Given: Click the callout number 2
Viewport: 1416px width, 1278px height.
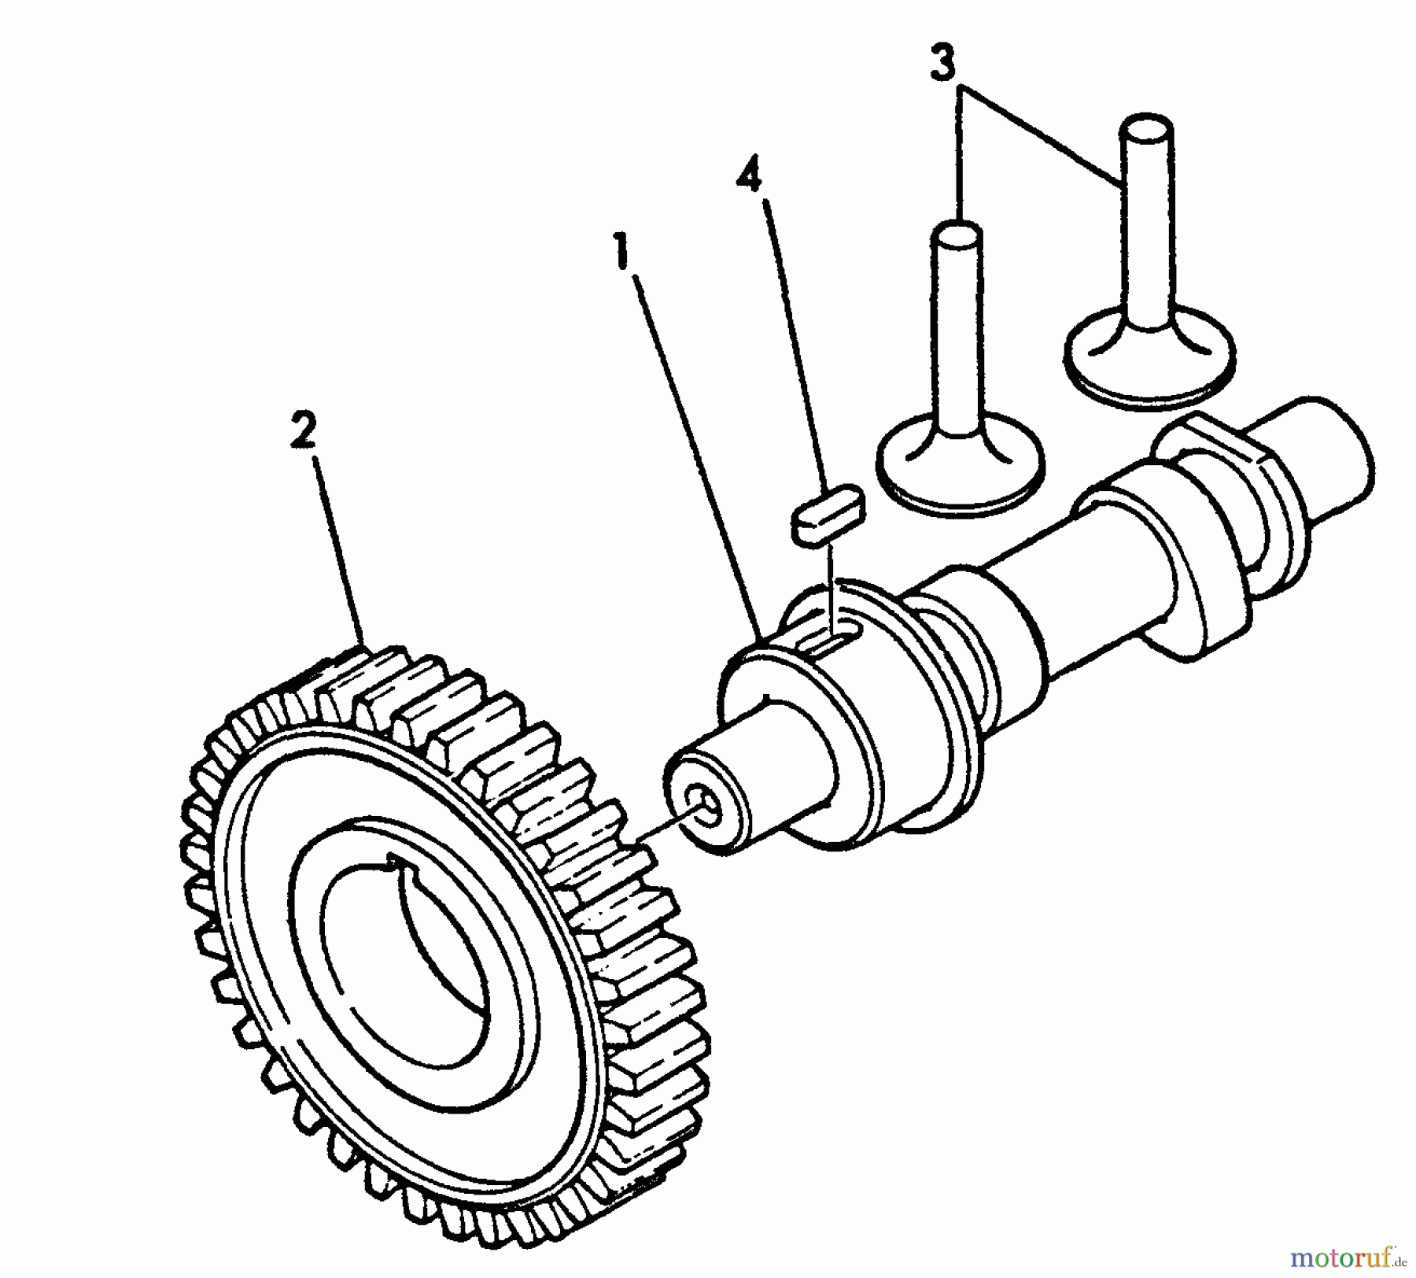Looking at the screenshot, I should [303, 431].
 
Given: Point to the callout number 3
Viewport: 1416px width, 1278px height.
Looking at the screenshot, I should [942, 63].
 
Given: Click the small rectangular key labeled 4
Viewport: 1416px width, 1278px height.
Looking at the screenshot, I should [827, 515].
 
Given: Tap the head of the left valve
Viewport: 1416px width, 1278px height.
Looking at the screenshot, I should [961, 464].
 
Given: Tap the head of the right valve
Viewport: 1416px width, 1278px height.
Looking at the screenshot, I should [1149, 358].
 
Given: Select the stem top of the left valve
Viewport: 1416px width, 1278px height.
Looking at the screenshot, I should [957, 234].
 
